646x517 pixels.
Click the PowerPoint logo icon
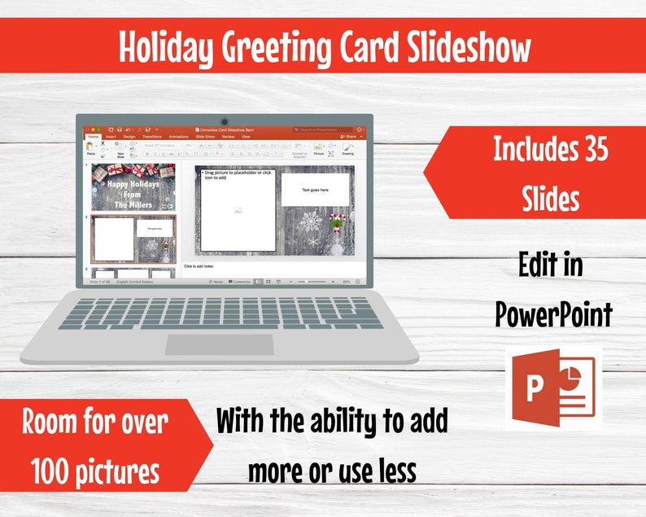click(x=553, y=388)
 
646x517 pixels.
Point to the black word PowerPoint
click(x=553, y=313)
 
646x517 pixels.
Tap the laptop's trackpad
click(x=219, y=344)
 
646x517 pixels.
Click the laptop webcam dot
click(x=223, y=120)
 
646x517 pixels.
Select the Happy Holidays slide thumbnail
click(x=133, y=187)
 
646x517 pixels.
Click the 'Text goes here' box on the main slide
click(x=315, y=190)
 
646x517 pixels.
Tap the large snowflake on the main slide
click(x=310, y=220)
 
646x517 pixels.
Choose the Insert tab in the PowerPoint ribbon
click(x=111, y=137)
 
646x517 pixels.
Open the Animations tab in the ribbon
click(x=178, y=137)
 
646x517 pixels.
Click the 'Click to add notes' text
click(x=199, y=266)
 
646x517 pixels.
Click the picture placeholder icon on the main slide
click(x=238, y=211)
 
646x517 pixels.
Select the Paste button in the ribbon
click(x=91, y=148)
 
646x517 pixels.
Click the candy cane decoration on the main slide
click(x=336, y=221)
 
